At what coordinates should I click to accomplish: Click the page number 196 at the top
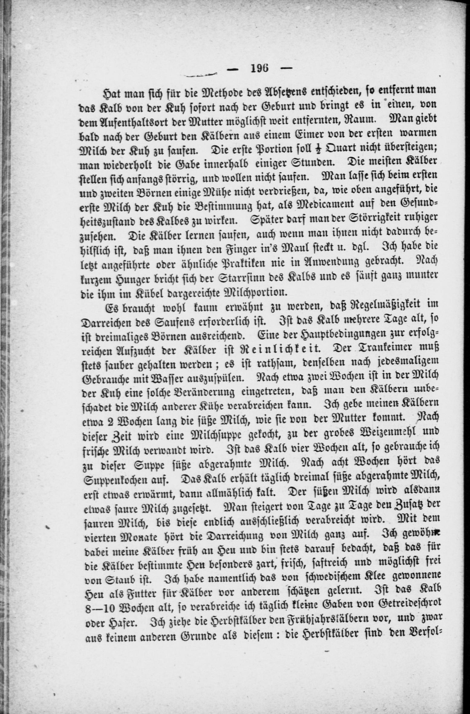click(x=260, y=69)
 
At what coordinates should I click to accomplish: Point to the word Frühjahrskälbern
click(x=322, y=624)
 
